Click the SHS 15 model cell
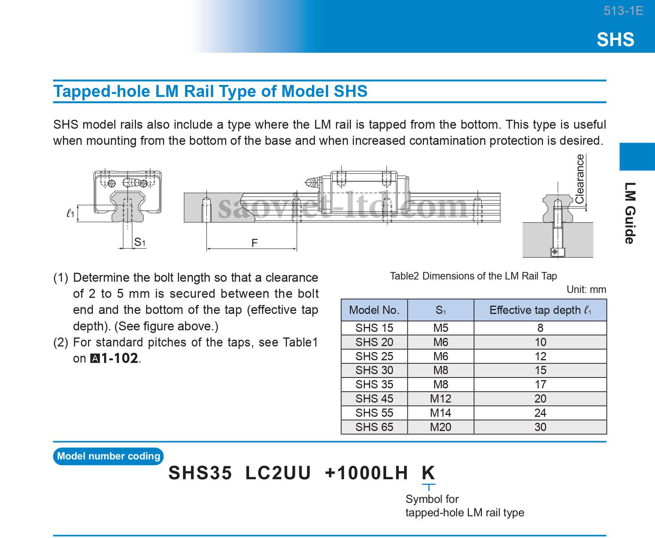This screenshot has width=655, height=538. point(374,328)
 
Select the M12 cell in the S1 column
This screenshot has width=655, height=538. point(440,399)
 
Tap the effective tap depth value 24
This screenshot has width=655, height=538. point(540,413)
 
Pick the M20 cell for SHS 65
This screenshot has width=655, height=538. point(440,427)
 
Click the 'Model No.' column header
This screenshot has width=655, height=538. point(374,310)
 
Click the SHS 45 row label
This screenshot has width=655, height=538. point(374,399)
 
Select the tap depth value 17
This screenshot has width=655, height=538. point(540,385)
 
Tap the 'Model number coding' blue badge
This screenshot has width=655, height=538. point(109,456)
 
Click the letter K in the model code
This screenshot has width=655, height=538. point(428,473)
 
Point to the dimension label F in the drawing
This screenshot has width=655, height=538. point(255,243)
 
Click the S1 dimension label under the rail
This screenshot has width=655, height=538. point(140,242)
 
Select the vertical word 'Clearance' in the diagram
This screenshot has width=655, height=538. point(579,179)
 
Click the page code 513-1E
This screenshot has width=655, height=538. point(623,11)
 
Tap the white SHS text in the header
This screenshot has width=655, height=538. point(615,40)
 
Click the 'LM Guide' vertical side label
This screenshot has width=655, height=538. point(630,213)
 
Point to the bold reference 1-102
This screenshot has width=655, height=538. point(119,358)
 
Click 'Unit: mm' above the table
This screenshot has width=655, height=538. point(586,290)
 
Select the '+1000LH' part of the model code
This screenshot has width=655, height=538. point(366,473)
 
